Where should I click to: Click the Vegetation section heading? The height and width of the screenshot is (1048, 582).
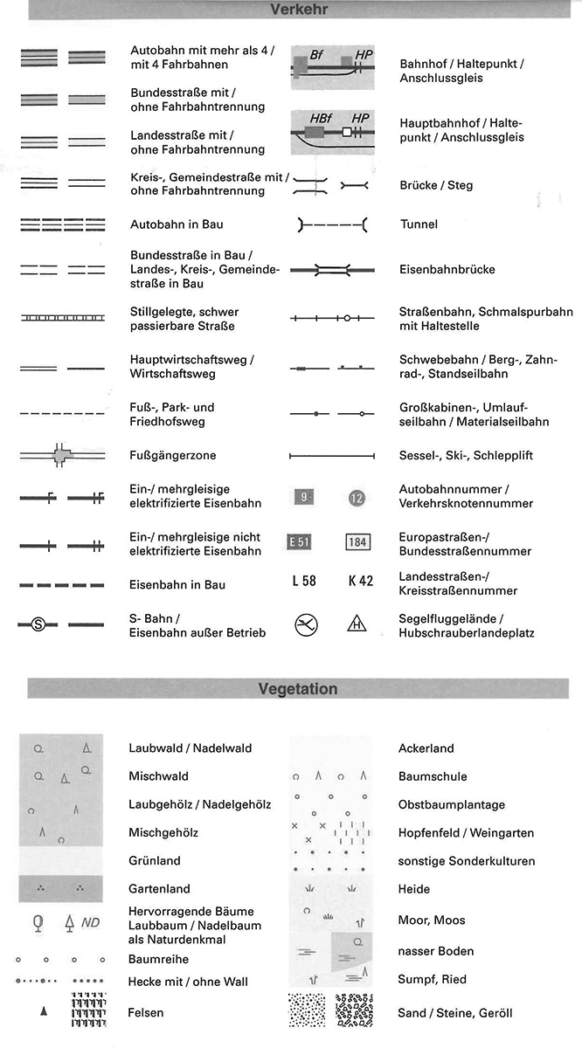click(298, 689)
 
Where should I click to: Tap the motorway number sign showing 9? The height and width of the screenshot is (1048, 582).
click(303, 498)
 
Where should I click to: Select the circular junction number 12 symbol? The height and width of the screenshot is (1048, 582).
click(357, 499)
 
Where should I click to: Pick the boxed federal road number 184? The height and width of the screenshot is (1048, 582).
click(357, 541)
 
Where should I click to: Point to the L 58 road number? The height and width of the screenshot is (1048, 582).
click(303, 581)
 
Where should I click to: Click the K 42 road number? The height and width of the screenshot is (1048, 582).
click(360, 581)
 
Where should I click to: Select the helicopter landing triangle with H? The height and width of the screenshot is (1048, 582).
click(357, 624)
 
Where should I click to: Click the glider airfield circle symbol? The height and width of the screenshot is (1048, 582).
click(306, 624)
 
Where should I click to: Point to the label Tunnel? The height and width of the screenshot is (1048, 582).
click(419, 224)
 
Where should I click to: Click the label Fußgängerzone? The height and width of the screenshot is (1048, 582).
click(172, 455)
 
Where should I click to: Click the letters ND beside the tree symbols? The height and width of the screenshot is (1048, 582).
click(90, 922)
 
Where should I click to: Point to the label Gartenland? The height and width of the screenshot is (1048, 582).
click(159, 888)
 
